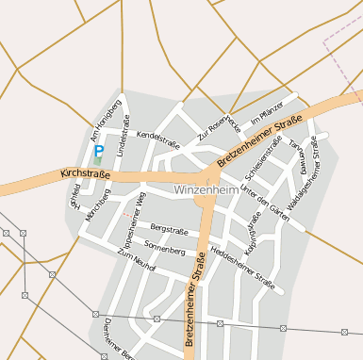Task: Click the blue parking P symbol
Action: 98,150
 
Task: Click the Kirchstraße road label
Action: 85,175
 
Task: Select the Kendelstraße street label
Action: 157,136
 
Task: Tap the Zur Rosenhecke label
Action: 219,128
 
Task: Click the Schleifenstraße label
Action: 263,158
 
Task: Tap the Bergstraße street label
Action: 170,230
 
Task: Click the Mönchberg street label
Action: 97,205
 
